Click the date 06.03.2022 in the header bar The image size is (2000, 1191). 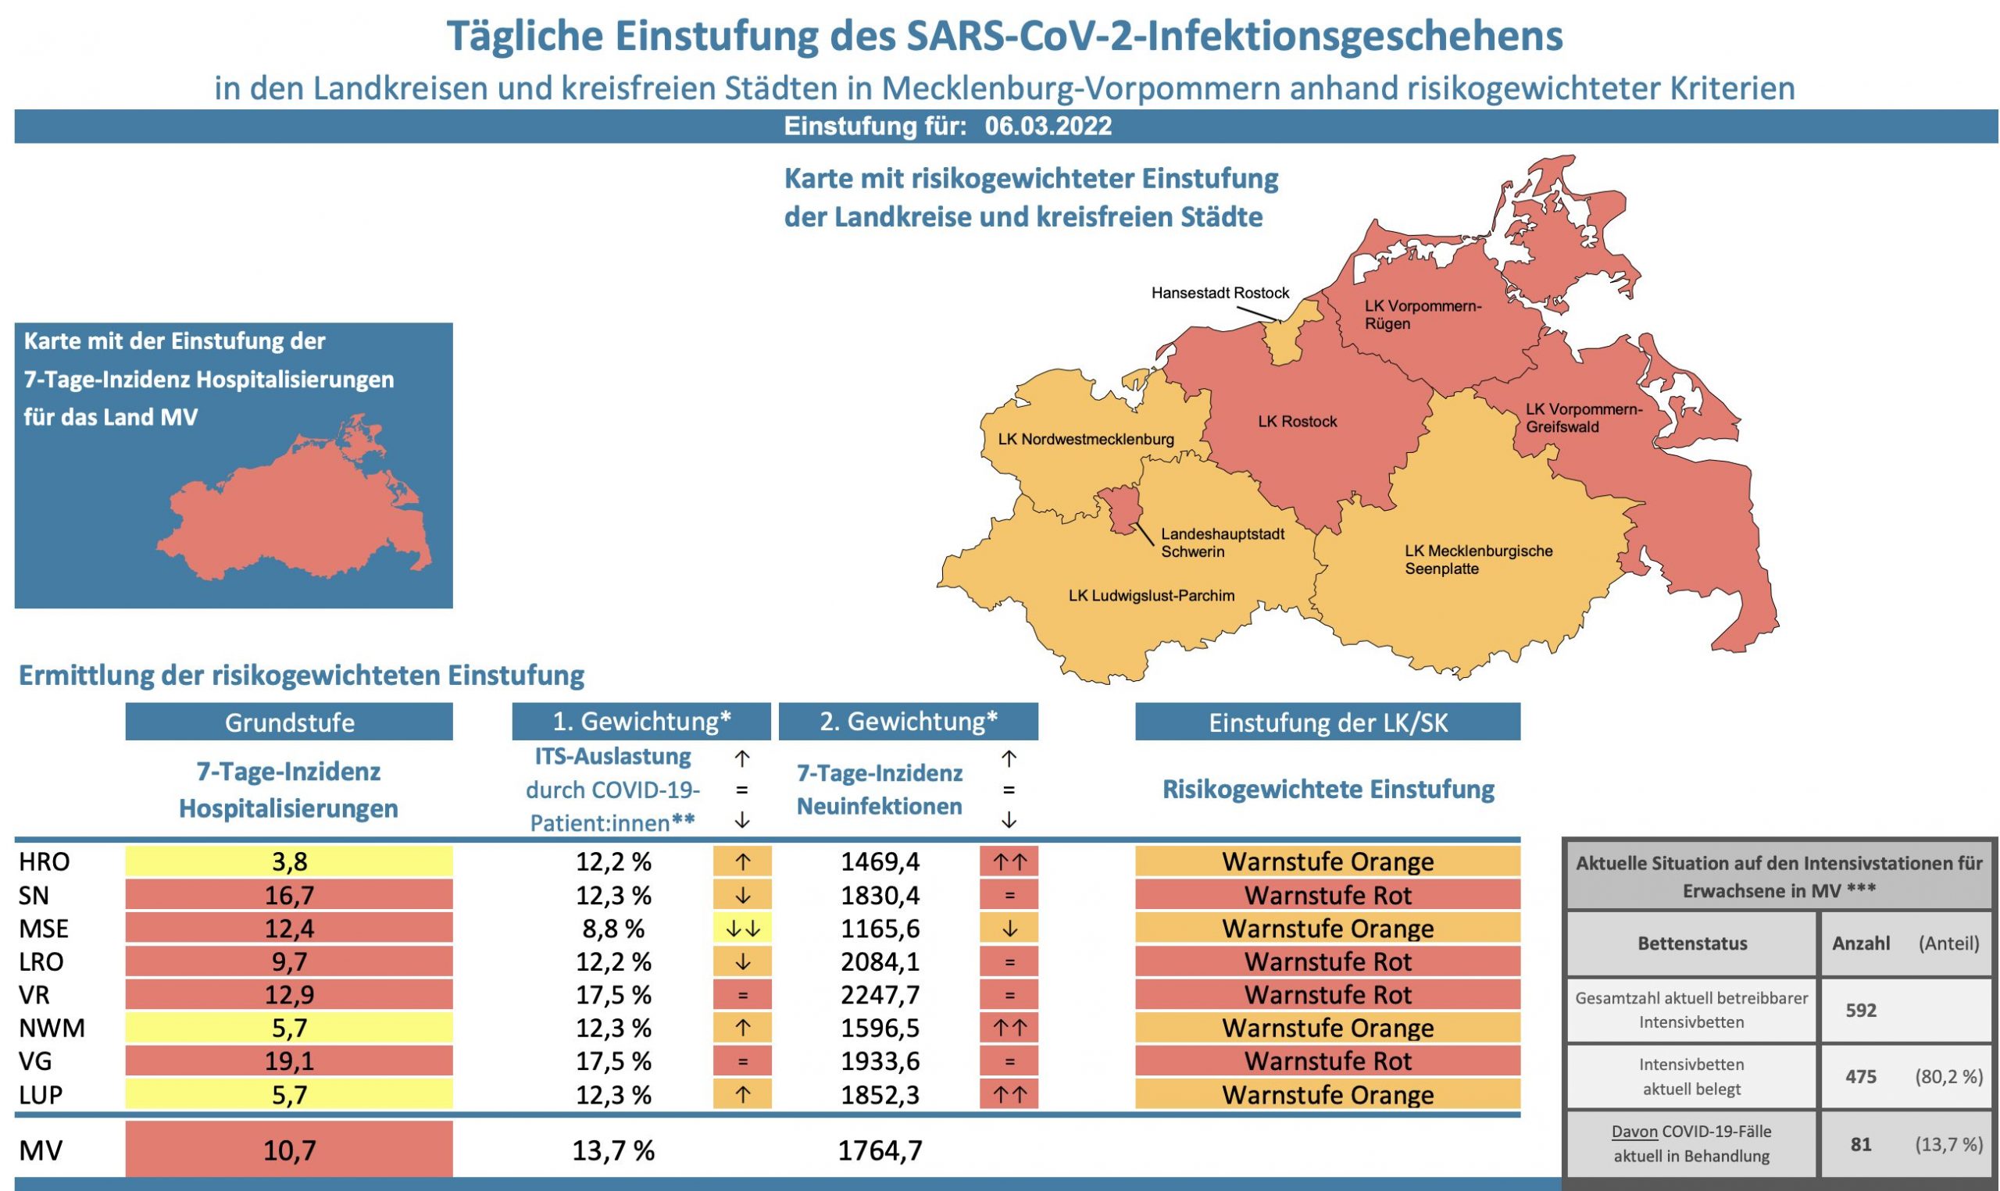click(x=1048, y=126)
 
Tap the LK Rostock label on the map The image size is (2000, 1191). click(x=1297, y=422)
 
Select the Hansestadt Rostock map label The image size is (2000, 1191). click(x=1220, y=293)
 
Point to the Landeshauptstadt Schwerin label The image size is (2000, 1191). click(x=1222, y=543)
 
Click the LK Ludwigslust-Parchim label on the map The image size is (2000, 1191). click(x=1151, y=595)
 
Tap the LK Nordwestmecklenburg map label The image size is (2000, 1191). click(x=1085, y=439)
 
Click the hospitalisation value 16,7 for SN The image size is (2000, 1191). click(x=289, y=895)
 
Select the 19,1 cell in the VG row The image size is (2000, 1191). click(x=289, y=1061)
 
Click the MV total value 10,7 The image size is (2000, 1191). click(x=289, y=1150)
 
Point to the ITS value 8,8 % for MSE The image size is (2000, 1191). click(x=613, y=929)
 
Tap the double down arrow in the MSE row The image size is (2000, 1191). click(x=742, y=929)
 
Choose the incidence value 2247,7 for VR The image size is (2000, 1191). click(x=880, y=995)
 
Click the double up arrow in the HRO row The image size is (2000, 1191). click(x=1009, y=862)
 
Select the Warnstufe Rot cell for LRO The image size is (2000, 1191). click(x=1327, y=961)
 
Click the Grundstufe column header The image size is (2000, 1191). click(x=289, y=722)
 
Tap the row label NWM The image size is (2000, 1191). click(x=52, y=1028)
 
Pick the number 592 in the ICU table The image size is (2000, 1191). click(x=1860, y=1011)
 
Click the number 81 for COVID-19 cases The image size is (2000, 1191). click(x=1860, y=1144)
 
